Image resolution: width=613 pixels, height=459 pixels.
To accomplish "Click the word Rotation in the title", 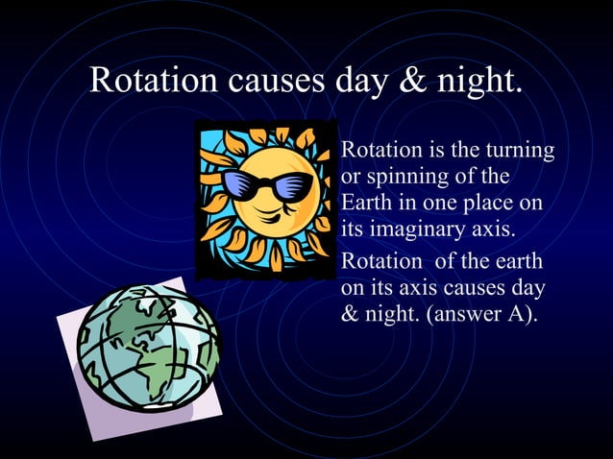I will click(154, 81).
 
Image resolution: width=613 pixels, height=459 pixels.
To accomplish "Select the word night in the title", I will click(477, 83).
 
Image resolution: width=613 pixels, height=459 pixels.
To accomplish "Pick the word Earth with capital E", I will click(366, 205).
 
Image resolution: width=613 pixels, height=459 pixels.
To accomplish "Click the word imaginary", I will click(416, 231).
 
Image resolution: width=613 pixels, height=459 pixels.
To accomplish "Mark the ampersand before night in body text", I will click(351, 313).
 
